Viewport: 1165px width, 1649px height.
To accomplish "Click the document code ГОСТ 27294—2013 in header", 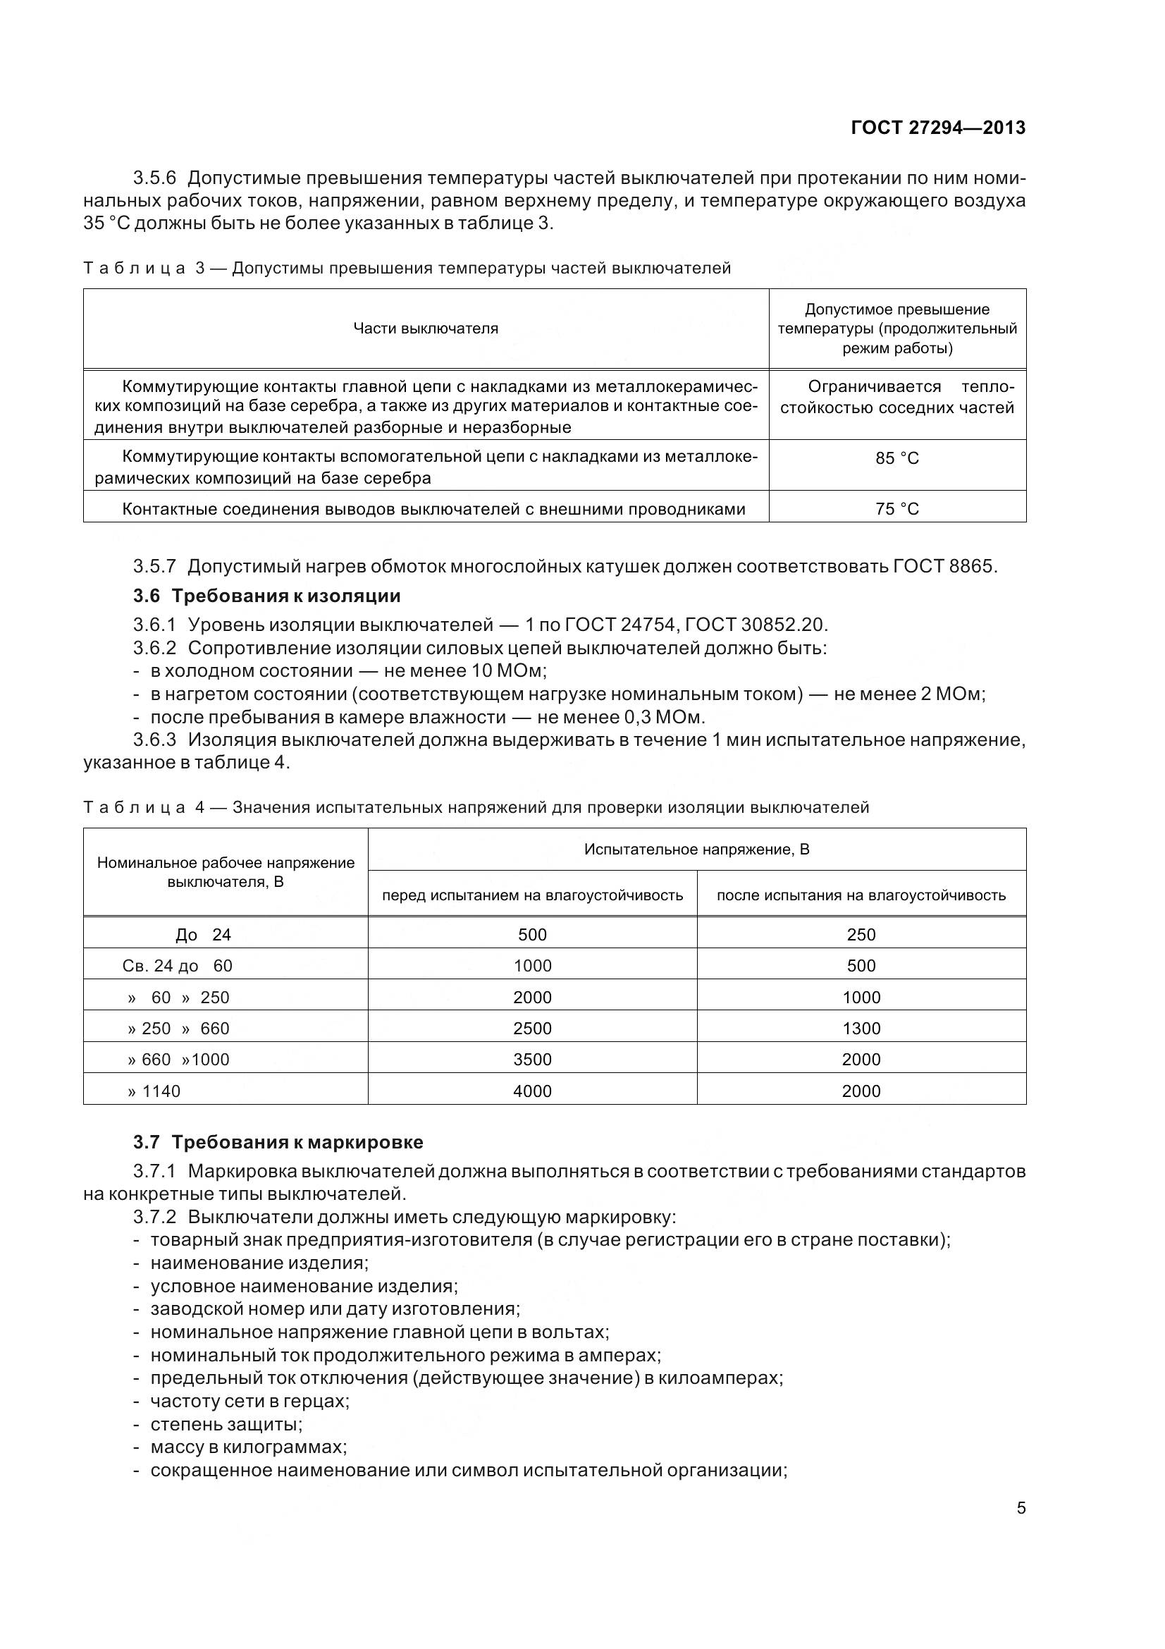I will pyautogui.click(x=937, y=128).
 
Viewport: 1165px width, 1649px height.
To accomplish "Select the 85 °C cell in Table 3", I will pyautogui.click(x=896, y=458).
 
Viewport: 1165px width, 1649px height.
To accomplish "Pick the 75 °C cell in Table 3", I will pyautogui.click(x=896, y=509).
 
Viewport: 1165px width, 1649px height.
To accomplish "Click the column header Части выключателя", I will pyautogui.click(x=426, y=329).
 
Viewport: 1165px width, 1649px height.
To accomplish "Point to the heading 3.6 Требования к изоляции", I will pyautogui.click(x=266, y=596).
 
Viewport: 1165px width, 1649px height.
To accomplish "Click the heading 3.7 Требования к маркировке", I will pyautogui.click(x=278, y=1142).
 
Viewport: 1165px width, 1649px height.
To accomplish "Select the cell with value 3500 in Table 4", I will pyautogui.click(x=532, y=1060).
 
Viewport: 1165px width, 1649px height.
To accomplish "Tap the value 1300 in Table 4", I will pyautogui.click(x=861, y=1029).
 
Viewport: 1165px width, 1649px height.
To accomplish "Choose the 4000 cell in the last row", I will pyautogui.click(x=532, y=1091).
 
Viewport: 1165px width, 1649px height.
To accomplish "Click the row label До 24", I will pyautogui.click(x=203, y=934).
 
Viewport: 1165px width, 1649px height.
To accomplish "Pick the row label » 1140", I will pyautogui.click(x=154, y=1091).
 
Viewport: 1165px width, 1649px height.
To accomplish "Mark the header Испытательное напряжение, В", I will pyautogui.click(x=696, y=850).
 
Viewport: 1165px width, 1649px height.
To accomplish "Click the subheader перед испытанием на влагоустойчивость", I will pyautogui.click(x=532, y=895).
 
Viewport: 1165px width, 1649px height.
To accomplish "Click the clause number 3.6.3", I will pyautogui.click(x=154, y=740).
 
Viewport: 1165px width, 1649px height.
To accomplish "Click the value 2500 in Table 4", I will pyautogui.click(x=532, y=1029).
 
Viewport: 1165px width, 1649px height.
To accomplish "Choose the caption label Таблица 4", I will pyautogui.click(x=144, y=807).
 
